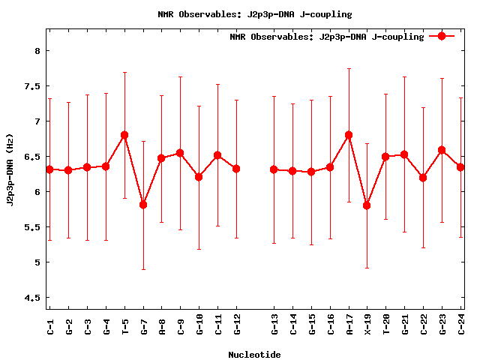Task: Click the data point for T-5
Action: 124,135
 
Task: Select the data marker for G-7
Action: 143,205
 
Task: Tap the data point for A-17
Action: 349,135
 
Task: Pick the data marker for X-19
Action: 367,205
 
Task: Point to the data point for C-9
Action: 180,153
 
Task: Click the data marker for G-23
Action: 442,150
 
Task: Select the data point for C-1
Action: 49,169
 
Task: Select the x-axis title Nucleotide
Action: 254,355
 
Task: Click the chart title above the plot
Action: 254,14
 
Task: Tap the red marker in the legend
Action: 442,36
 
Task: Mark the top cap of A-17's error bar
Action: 349,68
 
